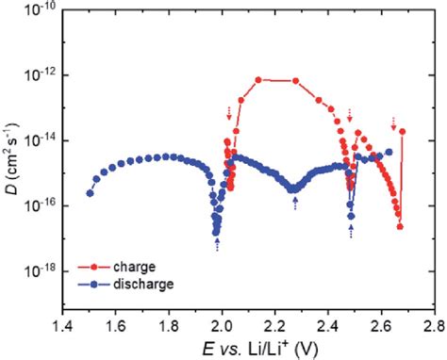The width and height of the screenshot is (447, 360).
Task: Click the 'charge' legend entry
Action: [x=132, y=267]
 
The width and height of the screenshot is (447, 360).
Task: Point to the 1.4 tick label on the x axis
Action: [x=63, y=327]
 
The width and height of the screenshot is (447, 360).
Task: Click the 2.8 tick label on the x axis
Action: [x=434, y=327]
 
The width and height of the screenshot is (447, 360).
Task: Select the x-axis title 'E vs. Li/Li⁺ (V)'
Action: [x=249, y=349]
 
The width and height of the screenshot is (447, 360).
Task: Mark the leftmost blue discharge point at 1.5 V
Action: [x=90, y=193]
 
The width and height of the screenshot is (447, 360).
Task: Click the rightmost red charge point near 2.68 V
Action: [x=403, y=132]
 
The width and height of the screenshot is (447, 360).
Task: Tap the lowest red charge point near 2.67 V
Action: [x=400, y=226]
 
